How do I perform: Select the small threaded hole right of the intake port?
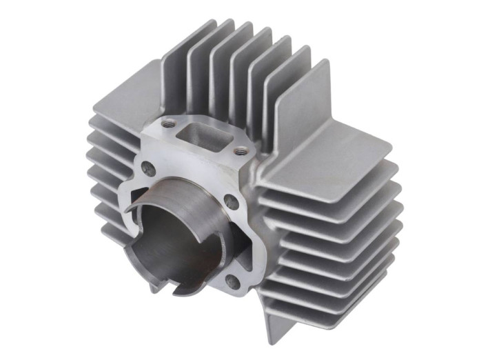[x=240, y=151]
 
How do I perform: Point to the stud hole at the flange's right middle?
[x=232, y=203]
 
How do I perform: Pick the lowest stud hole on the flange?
[x=232, y=281]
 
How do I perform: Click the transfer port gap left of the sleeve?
[x=131, y=207]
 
